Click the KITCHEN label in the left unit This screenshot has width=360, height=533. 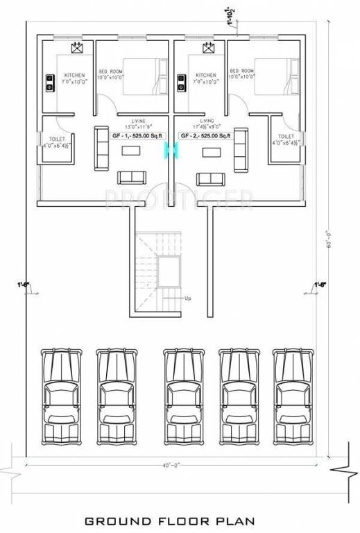[74, 75]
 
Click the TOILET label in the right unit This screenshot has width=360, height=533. [286, 137]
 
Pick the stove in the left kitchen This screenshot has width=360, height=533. [51, 83]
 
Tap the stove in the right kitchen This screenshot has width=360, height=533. [181, 83]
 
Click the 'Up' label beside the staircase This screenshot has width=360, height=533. [187, 298]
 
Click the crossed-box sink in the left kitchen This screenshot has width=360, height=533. [76, 48]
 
